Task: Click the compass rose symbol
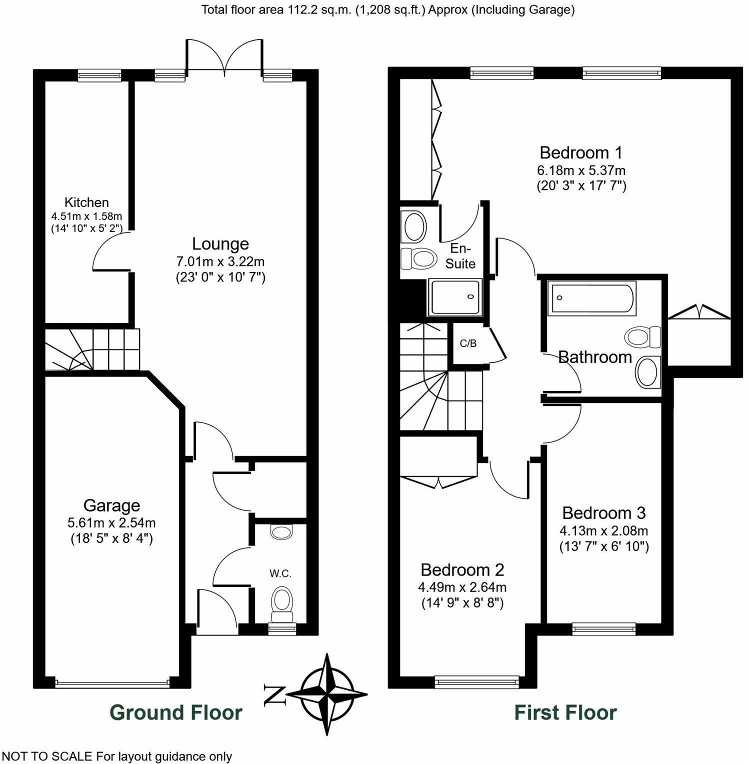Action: click(327, 694)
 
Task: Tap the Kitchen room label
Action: click(86, 202)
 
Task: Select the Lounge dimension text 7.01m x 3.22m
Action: click(220, 261)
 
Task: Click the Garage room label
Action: click(111, 505)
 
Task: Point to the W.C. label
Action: click(280, 573)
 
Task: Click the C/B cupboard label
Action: click(468, 344)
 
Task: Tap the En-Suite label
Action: click(460, 256)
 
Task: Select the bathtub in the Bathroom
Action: click(592, 298)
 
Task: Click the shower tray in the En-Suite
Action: click(455, 297)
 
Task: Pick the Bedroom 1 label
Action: click(581, 152)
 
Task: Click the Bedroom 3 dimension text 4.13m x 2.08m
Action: click(603, 530)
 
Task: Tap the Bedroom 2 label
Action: click(462, 570)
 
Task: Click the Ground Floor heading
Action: click(176, 712)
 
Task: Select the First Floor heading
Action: click(565, 712)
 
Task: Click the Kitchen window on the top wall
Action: click(99, 75)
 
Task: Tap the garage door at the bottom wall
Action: click(112, 683)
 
